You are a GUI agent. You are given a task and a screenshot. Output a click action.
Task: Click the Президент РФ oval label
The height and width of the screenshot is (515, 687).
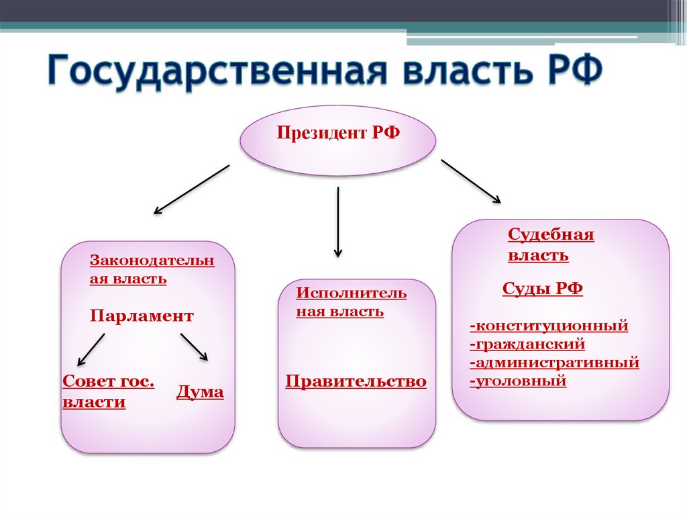[338, 133]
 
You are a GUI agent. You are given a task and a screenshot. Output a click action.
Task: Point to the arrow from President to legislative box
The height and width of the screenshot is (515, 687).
[191, 189]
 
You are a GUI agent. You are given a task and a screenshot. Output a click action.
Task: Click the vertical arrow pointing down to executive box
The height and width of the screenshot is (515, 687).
[338, 222]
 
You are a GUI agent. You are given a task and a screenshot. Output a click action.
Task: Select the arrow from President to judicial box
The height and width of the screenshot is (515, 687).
[470, 181]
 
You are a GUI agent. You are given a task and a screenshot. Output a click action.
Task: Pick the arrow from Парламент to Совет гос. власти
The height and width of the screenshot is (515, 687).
[92, 349]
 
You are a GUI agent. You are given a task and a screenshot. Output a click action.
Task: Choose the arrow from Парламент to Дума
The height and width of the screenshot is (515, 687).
[195, 347]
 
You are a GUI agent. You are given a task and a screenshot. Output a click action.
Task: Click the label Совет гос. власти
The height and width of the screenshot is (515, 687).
[108, 392]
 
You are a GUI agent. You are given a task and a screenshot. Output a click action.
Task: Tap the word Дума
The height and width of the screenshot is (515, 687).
[200, 392]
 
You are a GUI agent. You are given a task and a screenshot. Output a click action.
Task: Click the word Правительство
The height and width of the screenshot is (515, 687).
[356, 381]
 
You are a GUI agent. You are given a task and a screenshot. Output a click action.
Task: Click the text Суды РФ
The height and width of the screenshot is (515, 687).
[542, 289]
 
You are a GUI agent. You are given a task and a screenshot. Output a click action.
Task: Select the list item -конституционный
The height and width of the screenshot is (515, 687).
[549, 326]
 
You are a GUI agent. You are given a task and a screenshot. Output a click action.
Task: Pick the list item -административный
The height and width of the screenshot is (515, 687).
[554, 363]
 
